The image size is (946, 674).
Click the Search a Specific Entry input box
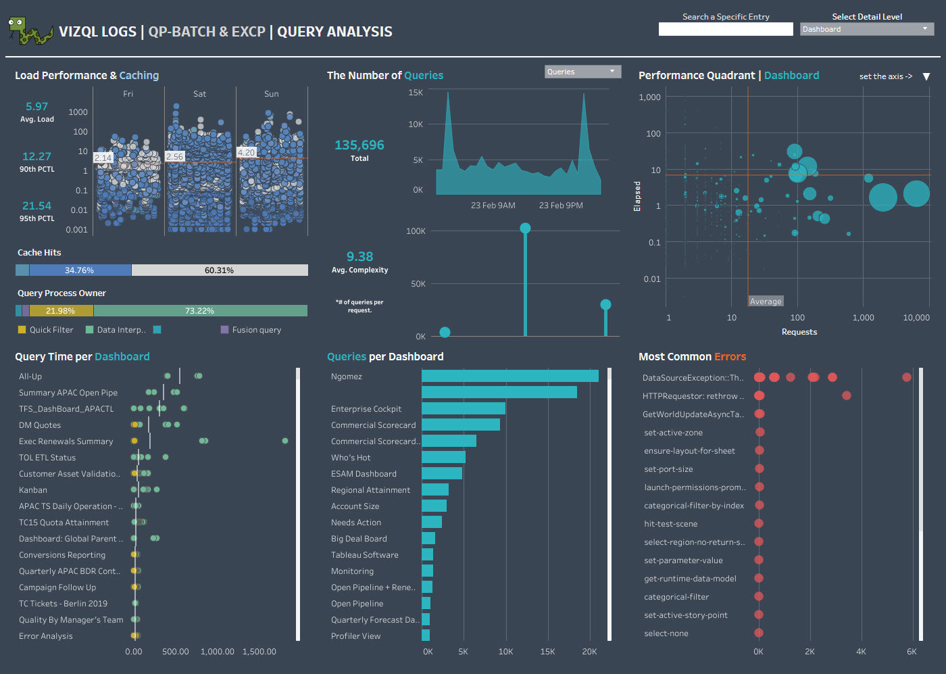click(725, 29)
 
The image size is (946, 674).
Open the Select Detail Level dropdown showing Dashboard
click(866, 29)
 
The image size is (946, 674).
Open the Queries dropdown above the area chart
click(582, 72)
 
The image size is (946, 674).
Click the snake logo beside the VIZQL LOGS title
click(30, 31)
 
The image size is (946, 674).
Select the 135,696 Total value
click(359, 145)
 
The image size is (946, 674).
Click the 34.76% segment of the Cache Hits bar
click(80, 270)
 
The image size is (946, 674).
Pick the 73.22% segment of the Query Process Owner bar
click(200, 311)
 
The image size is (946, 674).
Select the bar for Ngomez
click(509, 376)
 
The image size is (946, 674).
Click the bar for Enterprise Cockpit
click(464, 408)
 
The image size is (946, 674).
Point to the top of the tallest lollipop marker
click(525, 228)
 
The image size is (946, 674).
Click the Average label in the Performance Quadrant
click(766, 302)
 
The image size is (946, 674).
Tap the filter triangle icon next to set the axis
click(926, 76)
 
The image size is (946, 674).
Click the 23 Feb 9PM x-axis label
click(561, 206)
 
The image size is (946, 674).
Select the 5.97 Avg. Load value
click(36, 107)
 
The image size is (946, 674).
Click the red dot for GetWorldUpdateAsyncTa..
click(760, 414)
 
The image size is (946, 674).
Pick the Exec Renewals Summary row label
click(66, 441)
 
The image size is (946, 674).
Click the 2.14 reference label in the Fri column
click(103, 158)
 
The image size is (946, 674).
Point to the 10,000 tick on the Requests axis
click(916, 318)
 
